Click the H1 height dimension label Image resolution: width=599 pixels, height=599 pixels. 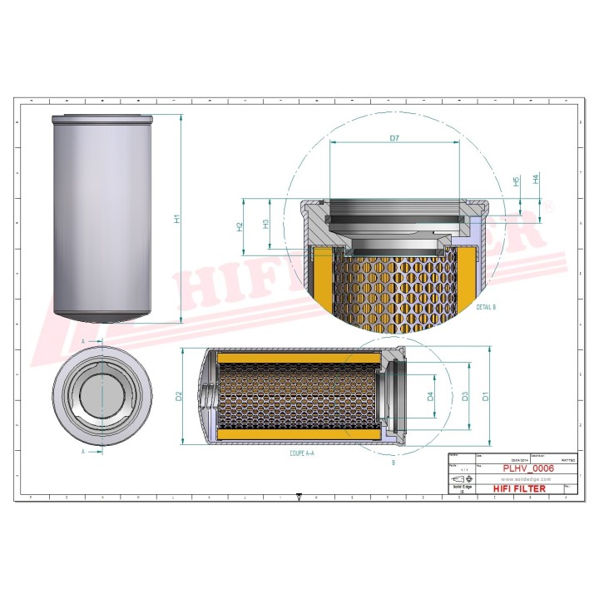click(x=176, y=218)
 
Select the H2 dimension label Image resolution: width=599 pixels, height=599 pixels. click(x=240, y=225)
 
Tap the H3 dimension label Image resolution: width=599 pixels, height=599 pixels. click(x=265, y=224)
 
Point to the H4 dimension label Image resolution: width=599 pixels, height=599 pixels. click(x=536, y=179)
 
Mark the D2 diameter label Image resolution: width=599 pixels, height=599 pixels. click(x=178, y=397)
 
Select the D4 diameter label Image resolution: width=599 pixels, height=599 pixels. click(x=430, y=397)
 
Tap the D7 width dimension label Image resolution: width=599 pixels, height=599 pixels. click(x=394, y=137)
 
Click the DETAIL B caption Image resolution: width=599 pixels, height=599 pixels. click(x=486, y=307)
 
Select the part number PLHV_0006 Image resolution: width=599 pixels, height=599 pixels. click(x=529, y=469)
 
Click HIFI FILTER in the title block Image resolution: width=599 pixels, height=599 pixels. click(x=520, y=489)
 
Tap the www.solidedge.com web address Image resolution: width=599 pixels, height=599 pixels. click(x=524, y=480)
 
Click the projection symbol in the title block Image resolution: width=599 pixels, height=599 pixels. click(x=460, y=480)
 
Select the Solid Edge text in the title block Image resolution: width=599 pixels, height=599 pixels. click(x=456, y=489)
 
